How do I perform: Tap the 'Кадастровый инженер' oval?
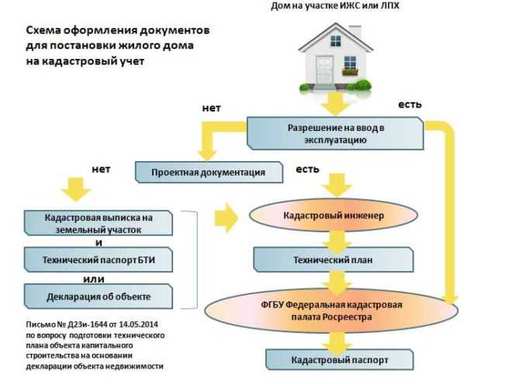[333, 214]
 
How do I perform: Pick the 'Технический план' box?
[333, 259]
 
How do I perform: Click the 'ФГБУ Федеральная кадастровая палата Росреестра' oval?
[333, 311]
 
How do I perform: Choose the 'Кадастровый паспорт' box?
[333, 361]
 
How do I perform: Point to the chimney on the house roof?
[355, 32]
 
